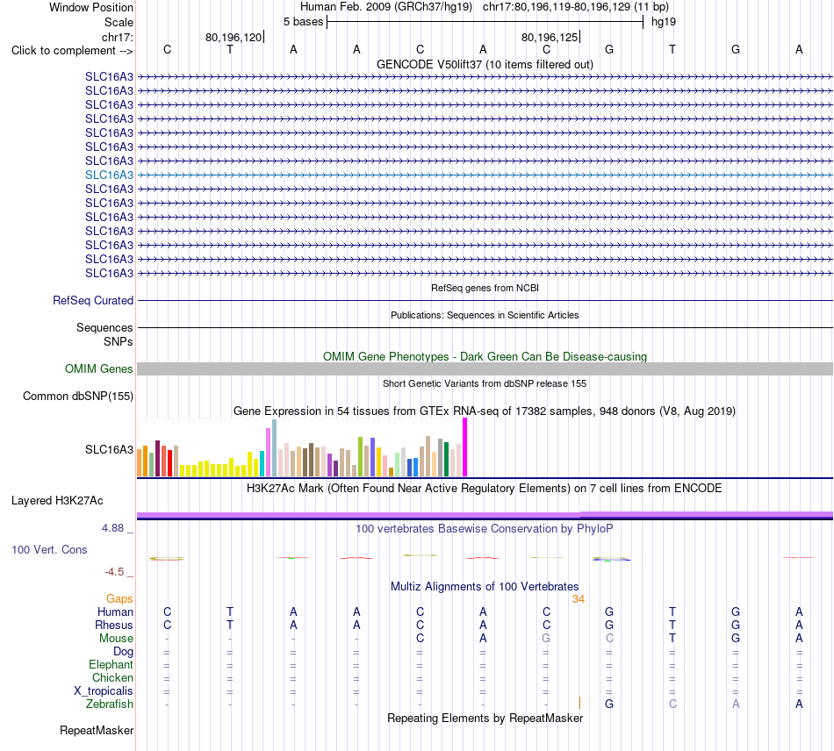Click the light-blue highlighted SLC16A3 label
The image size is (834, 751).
click(x=109, y=175)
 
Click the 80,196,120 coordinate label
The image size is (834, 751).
click(x=234, y=37)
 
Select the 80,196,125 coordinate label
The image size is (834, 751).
click(x=550, y=37)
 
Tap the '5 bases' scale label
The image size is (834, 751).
click(x=303, y=22)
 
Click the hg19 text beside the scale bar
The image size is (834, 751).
click(x=664, y=22)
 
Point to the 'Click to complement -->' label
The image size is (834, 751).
click(x=72, y=51)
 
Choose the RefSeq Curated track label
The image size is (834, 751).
click(x=93, y=300)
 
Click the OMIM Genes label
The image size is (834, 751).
click(x=99, y=368)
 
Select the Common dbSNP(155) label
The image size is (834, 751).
click(x=78, y=396)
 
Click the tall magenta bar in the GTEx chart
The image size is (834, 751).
click(x=465, y=447)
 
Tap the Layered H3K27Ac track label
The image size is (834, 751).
click(x=57, y=501)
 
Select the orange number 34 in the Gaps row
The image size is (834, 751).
click(x=579, y=599)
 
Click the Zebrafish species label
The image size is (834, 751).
click(x=110, y=704)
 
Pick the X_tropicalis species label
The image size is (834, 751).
click(x=104, y=691)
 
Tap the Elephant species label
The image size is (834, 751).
click(x=111, y=664)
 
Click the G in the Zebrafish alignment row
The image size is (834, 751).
click(x=609, y=704)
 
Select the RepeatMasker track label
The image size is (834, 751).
click(x=97, y=730)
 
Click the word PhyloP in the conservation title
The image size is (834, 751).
click(x=594, y=529)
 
